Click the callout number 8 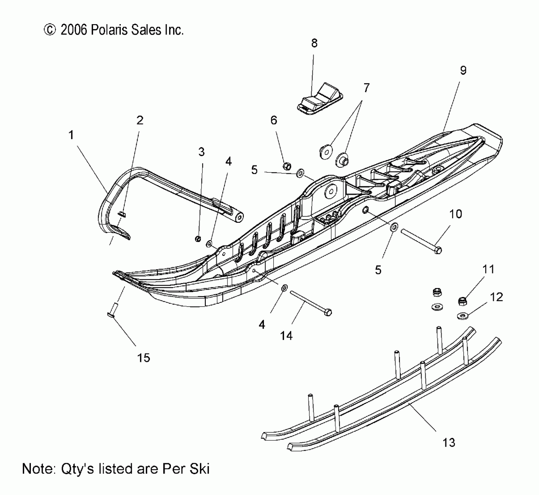pyautogui.click(x=314, y=43)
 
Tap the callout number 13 pyautogui.click(x=448, y=442)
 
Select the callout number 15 pyautogui.click(x=143, y=358)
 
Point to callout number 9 pyautogui.click(x=463, y=70)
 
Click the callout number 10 pyautogui.click(x=455, y=214)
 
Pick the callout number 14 pyautogui.click(x=286, y=336)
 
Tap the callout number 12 pyautogui.click(x=497, y=297)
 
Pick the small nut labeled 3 pyautogui.click(x=198, y=239)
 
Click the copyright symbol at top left pyautogui.click(x=50, y=30)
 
